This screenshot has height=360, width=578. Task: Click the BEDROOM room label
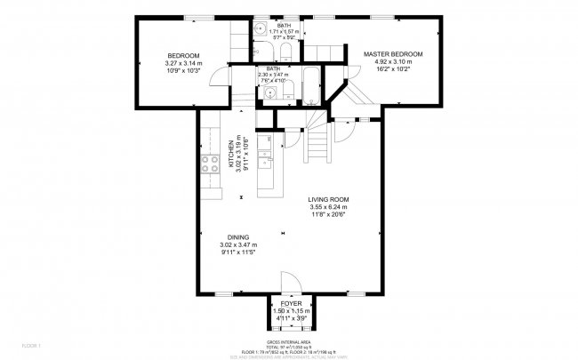coord(183,55)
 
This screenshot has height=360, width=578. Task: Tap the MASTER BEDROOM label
coord(392,54)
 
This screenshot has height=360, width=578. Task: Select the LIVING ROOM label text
coord(328,199)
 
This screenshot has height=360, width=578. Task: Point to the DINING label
coord(237,237)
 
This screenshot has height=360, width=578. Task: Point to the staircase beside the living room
coord(318,142)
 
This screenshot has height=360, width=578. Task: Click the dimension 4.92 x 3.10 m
coord(392,63)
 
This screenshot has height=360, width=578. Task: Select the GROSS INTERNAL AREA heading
coord(290,340)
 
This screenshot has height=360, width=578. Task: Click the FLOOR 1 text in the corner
coord(31,344)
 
